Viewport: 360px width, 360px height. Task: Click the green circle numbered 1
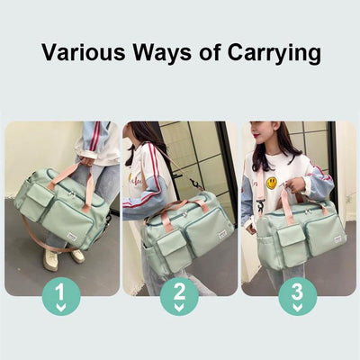[61, 295]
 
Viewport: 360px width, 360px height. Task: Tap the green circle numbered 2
[179, 295]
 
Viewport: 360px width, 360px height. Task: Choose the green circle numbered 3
[297, 295]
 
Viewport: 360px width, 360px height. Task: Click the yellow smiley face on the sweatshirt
[271, 183]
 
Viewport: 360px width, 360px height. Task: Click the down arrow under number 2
[179, 308]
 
